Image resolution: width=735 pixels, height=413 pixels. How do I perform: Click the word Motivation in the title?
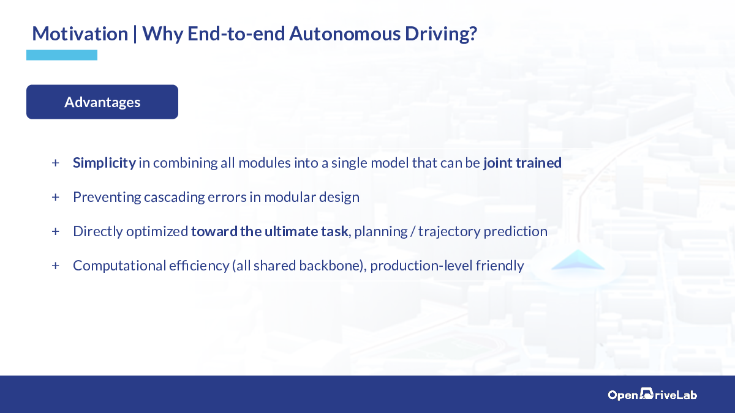click(80, 34)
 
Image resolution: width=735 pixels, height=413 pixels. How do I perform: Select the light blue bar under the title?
click(62, 55)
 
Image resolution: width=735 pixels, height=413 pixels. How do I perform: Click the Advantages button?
click(102, 102)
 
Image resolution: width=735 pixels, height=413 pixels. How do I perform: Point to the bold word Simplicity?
click(104, 163)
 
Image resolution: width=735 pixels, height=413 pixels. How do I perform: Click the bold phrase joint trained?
click(522, 163)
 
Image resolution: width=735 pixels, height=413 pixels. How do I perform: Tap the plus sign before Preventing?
click(56, 197)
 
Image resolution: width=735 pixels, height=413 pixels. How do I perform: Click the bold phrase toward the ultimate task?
click(269, 231)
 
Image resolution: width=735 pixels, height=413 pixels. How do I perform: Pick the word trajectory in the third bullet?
click(449, 232)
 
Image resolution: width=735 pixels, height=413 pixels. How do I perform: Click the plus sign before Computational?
click(56, 266)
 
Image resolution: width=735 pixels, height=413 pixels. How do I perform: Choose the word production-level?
click(421, 266)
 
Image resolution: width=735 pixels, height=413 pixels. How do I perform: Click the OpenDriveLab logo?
click(652, 394)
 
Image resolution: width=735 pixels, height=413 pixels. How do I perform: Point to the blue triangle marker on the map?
click(578, 260)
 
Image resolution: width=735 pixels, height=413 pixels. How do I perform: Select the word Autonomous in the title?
click(344, 34)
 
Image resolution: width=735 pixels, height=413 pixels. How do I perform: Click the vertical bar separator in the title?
click(135, 34)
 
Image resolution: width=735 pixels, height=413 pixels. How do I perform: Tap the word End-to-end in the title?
click(236, 34)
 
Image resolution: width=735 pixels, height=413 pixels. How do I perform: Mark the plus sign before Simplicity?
click(56, 163)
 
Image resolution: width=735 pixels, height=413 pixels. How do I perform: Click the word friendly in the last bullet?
click(500, 266)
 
